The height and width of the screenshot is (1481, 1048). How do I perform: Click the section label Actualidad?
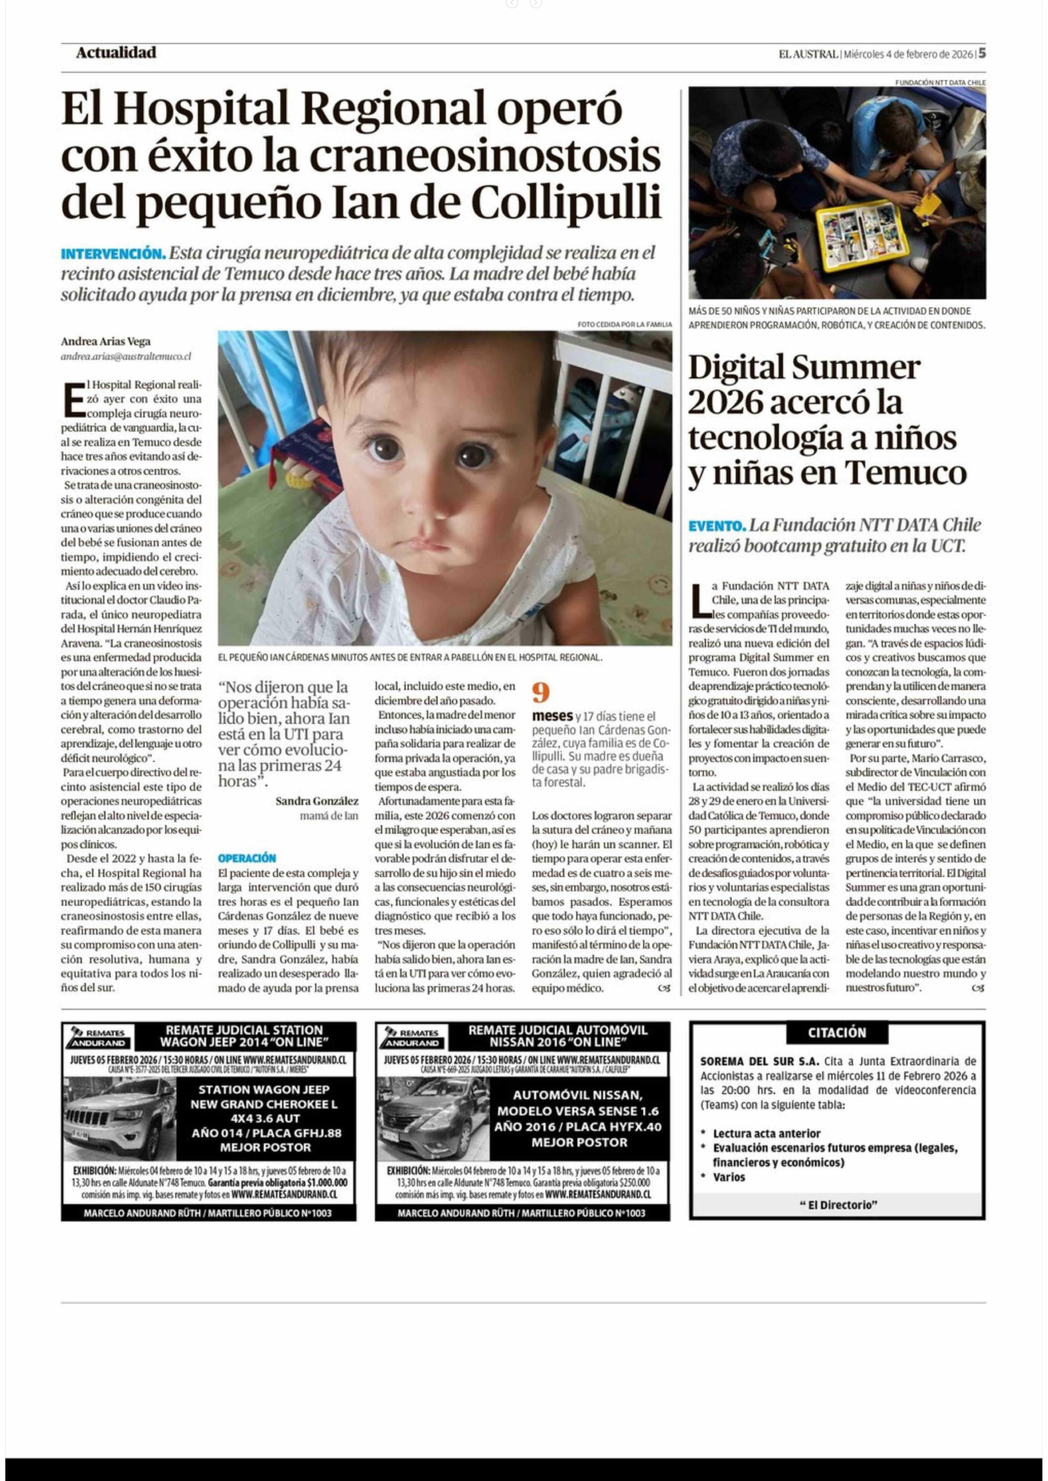116,53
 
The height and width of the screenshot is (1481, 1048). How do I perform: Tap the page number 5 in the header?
981,54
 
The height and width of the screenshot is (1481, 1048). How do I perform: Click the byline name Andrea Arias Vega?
105,341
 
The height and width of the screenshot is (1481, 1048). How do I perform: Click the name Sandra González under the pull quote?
317,801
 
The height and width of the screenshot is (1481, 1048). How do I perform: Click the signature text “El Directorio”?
838,1204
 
